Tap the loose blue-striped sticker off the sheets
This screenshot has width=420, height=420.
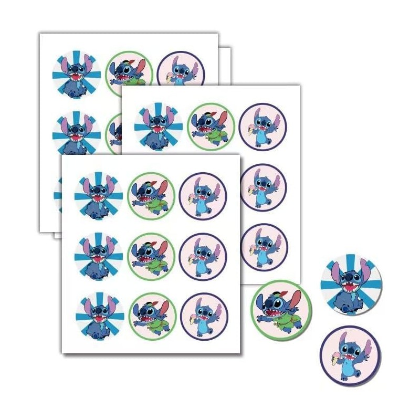351,285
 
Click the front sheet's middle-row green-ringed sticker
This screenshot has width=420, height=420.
151,256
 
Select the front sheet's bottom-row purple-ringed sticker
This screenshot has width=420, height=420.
204,317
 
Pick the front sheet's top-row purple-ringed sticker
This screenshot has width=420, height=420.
203,196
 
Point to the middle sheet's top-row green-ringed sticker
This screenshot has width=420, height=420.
211,127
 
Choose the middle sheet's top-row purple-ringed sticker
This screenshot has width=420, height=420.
262,127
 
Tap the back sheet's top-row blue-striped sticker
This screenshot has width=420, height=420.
77,74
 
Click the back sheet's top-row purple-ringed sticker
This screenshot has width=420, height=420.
181,73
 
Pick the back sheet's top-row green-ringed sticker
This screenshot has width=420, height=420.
129,73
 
